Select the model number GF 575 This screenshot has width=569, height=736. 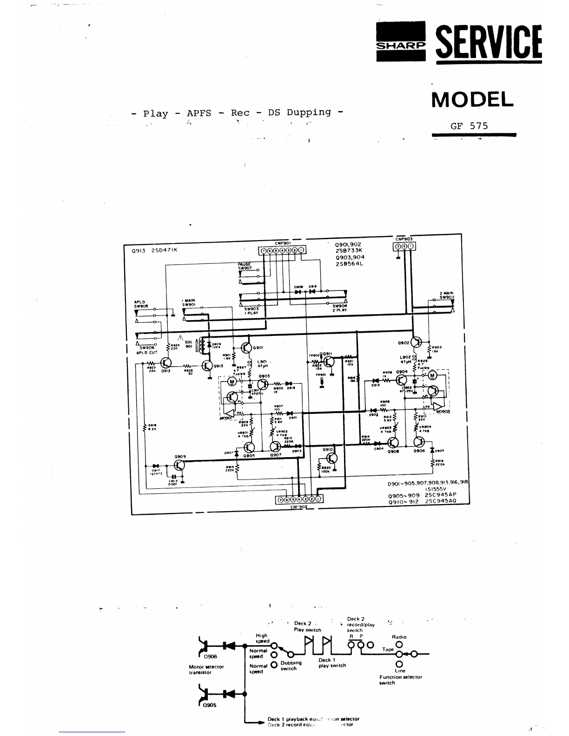coord(469,125)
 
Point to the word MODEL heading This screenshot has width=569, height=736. coord(472,99)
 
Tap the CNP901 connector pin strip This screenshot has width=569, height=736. coord(283,250)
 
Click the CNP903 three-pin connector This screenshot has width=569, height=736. coord(404,246)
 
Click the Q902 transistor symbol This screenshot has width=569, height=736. coord(417,343)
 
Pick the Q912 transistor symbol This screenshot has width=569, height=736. coord(166,363)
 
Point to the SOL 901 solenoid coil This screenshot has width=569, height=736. coord(201,345)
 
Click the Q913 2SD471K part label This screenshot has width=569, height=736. coord(155,250)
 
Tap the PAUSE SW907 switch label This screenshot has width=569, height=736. coord(245,266)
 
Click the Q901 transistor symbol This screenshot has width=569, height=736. coord(246,348)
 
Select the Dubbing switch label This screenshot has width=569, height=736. coord(291,665)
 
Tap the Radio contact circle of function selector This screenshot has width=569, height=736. coord(399,644)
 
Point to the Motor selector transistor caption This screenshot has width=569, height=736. coord(206,670)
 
